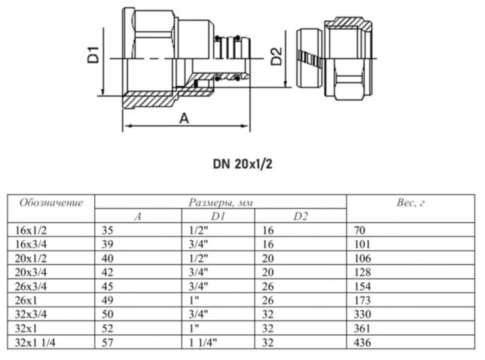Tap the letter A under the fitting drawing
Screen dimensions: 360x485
click(184, 118)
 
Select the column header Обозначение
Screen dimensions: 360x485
click(51, 203)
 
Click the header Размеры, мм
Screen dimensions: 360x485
click(220, 203)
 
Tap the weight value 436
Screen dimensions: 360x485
click(362, 343)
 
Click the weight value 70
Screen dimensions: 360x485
click(360, 231)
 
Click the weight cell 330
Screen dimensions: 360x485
click(362, 315)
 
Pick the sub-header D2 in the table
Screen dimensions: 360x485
click(300, 217)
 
